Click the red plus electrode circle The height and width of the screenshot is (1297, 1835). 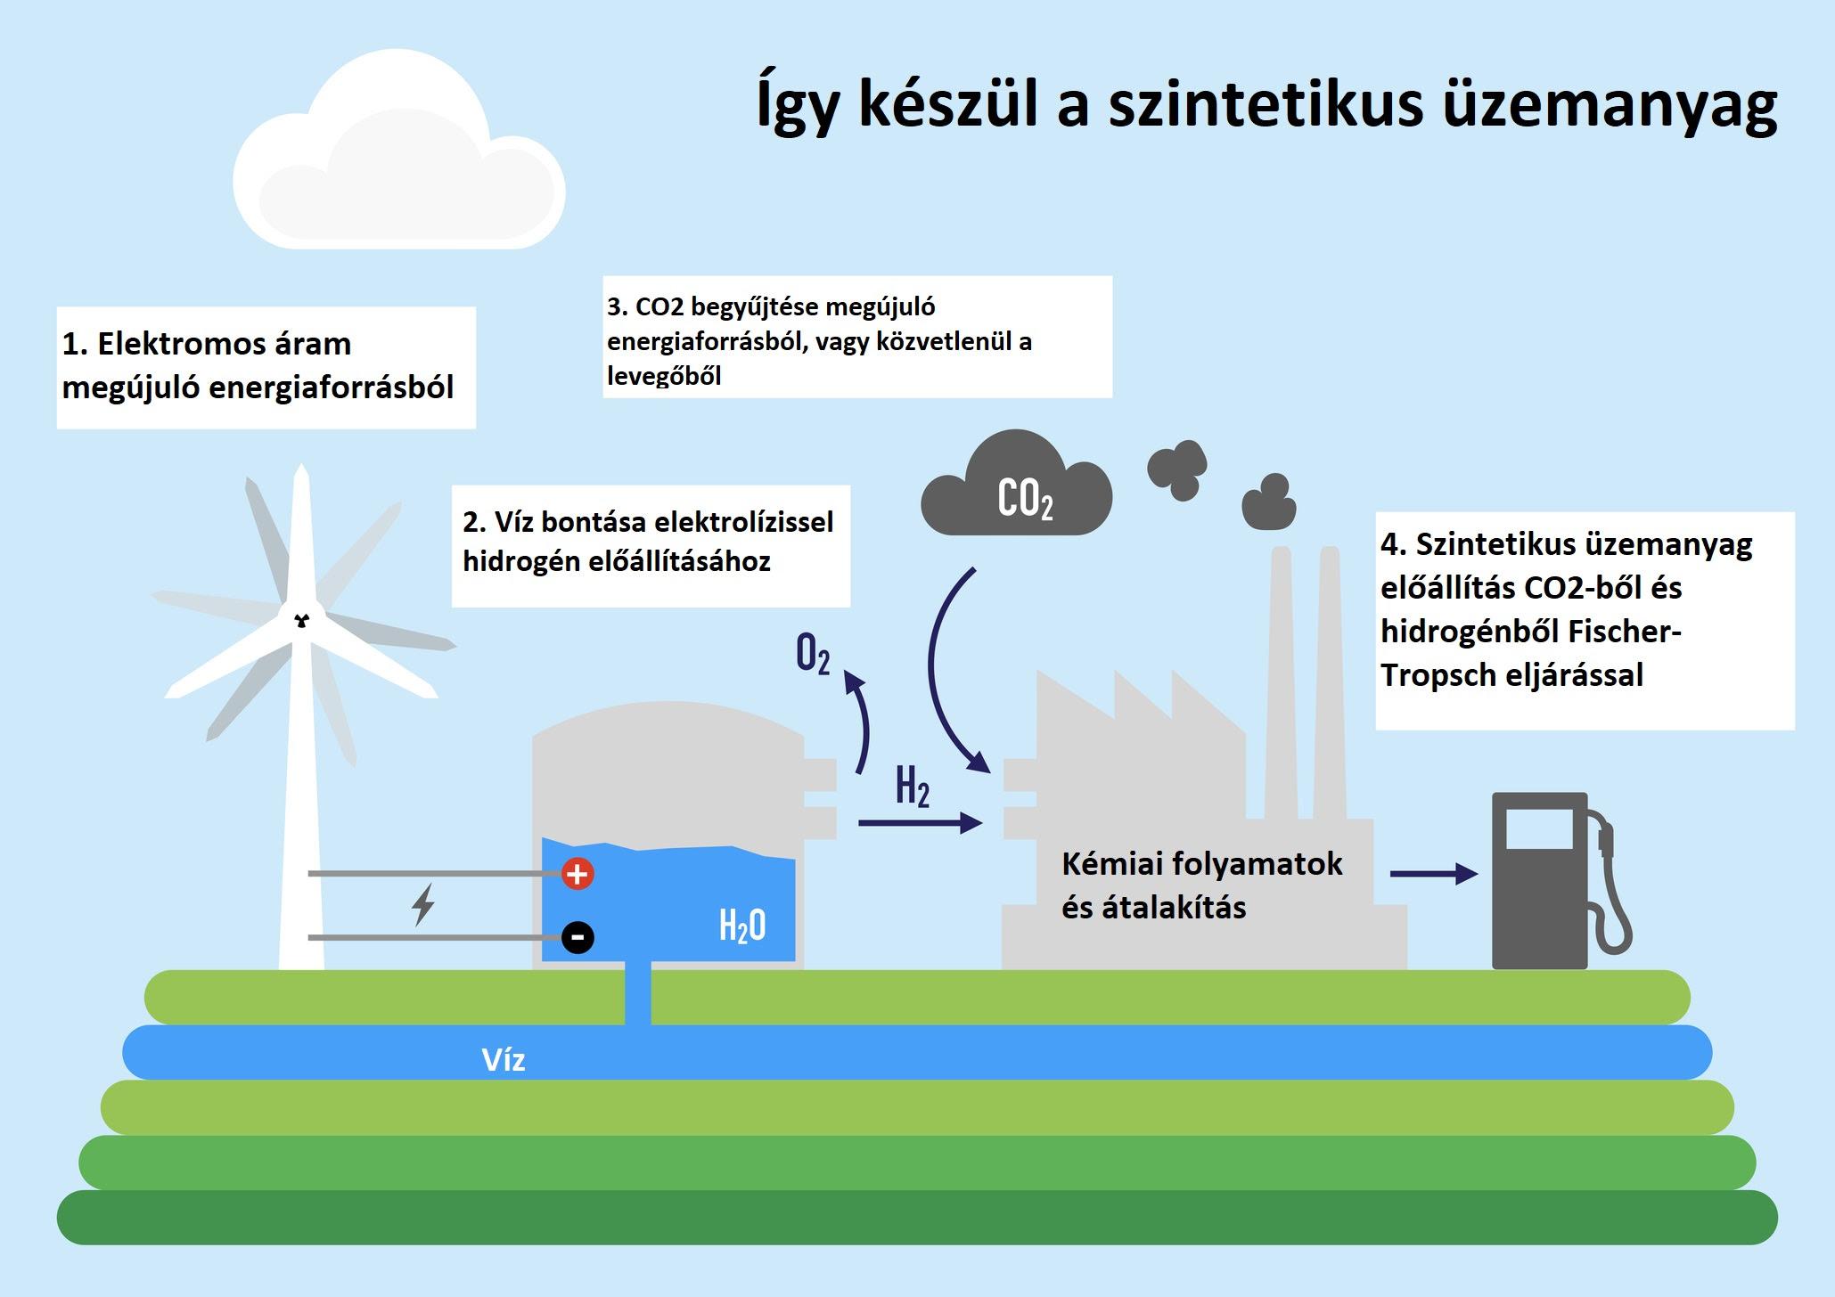click(578, 874)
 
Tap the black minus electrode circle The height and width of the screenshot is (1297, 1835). click(578, 937)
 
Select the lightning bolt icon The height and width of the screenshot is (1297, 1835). click(423, 904)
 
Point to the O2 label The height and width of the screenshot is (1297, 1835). click(813, 655)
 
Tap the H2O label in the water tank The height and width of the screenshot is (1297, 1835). click(742, 926)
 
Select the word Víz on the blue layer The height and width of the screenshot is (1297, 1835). click(504, 1059)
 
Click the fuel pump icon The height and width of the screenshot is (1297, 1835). click(1560, 881)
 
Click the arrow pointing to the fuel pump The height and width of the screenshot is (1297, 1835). click(1434, 874)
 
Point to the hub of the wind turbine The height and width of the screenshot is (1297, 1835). click(301, 619)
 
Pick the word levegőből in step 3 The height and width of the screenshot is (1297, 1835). click(664, 376)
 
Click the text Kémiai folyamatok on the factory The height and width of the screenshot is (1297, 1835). click(1202, 864)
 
